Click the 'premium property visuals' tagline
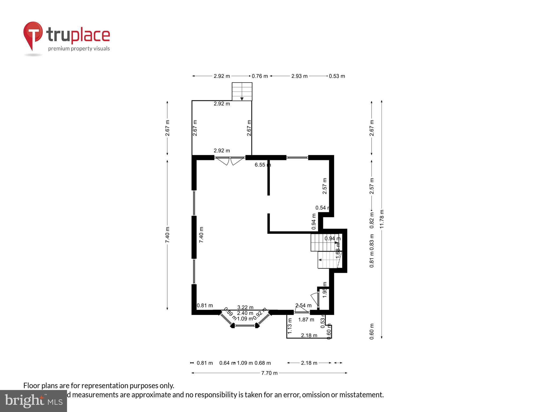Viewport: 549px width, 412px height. (x=79, y=49)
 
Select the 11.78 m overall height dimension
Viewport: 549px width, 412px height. (x=382, y=219)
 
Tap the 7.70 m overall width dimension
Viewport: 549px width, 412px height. (x=269, y=373)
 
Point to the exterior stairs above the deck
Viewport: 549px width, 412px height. (x=242, y=91)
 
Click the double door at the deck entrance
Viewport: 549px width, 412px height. (x=230, y=160)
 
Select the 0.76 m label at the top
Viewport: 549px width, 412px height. (x=259, y=76)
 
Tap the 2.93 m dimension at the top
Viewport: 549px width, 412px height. (x=299, y=76)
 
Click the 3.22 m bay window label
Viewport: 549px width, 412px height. (x=245, y=307)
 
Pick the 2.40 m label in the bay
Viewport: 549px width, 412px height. (x=245, y=313)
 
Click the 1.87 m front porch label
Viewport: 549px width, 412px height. (x=306, y=319)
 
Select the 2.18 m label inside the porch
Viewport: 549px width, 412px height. (x=309, y=335)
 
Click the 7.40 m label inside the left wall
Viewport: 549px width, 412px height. (x=201, y=235)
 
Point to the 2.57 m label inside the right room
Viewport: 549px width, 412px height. (x=325, y=186)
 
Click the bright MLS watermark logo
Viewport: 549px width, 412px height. (x=33, y=401)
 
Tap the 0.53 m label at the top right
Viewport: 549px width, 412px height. (x=337, y=76)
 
